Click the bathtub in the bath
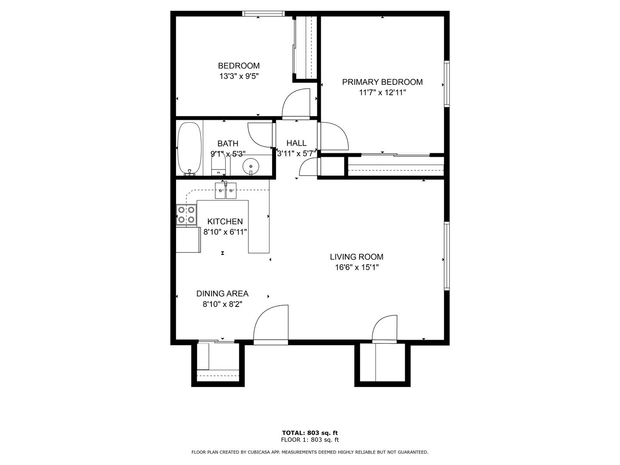189,149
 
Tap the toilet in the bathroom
218,167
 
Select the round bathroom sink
251,167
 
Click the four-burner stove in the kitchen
186,214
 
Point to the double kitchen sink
226,190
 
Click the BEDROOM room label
239,66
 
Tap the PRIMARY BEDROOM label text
382,82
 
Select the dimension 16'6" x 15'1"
357,267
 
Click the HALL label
296,143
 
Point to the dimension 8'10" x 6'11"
225,232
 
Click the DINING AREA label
222,294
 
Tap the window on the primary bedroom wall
446,84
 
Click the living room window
446,256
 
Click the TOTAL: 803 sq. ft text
310,433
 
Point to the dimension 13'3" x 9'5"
239,76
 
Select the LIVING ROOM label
357,257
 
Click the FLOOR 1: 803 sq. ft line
310,440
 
